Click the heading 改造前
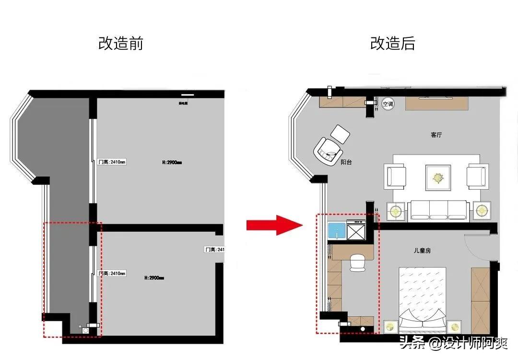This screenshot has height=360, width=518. pyautogui.click(x=120, y=44)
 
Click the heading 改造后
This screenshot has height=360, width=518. pyautogui.click(x=392, y=44)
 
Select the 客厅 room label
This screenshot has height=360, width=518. pyautogui.click(x=436, y=135)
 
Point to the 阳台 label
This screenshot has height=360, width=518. pyautogui.click(x=346, y=162)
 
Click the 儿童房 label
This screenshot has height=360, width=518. pyautogui.click(x=422, y=250)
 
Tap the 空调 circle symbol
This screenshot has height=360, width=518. pyautogui.click(x=388, y=104)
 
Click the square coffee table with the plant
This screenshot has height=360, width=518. pyautogui.click(x=437, y=178)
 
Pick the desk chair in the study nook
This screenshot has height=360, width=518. pyautogui.click(x=357, y=262)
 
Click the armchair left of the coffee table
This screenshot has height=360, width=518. pyautogui.click(x=395, y=176)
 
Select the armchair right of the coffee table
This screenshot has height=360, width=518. pyautogui.click(x=477, y=176)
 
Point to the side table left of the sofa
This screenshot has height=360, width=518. pyautogui.click(x=396, y=211)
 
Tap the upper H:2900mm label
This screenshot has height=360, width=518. pyautogui.click(x=172, y=163)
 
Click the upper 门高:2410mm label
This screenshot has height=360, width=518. pyautogui.click(x=112, y=162)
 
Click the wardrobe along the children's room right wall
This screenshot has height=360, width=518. pyautogui.click(x=480, y=294)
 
